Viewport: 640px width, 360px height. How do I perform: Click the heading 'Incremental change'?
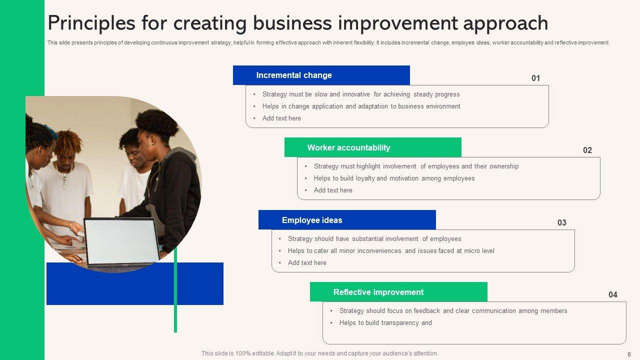(294, 75)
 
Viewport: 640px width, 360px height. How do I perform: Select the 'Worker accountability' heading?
(348, 147)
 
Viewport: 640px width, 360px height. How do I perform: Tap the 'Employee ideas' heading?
(312, 220)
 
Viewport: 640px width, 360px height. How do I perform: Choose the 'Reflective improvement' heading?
(378, 292)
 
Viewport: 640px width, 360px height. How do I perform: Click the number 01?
(535, 78)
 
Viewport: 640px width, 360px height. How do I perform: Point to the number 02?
(587, 150)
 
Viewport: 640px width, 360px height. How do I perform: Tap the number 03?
(561, 222)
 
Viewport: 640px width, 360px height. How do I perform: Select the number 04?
(613, 294)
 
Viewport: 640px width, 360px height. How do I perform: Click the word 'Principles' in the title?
(91, 23)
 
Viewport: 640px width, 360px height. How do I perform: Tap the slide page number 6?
(629, 354)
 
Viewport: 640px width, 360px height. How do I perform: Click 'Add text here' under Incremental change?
(281, 118)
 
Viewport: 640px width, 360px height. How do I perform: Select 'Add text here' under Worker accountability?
(333, 190)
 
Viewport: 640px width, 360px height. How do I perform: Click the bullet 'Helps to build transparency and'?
(385, 323)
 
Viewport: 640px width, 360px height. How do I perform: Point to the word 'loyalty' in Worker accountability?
(365, 178)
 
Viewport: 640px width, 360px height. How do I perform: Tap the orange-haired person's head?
(68, 145)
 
